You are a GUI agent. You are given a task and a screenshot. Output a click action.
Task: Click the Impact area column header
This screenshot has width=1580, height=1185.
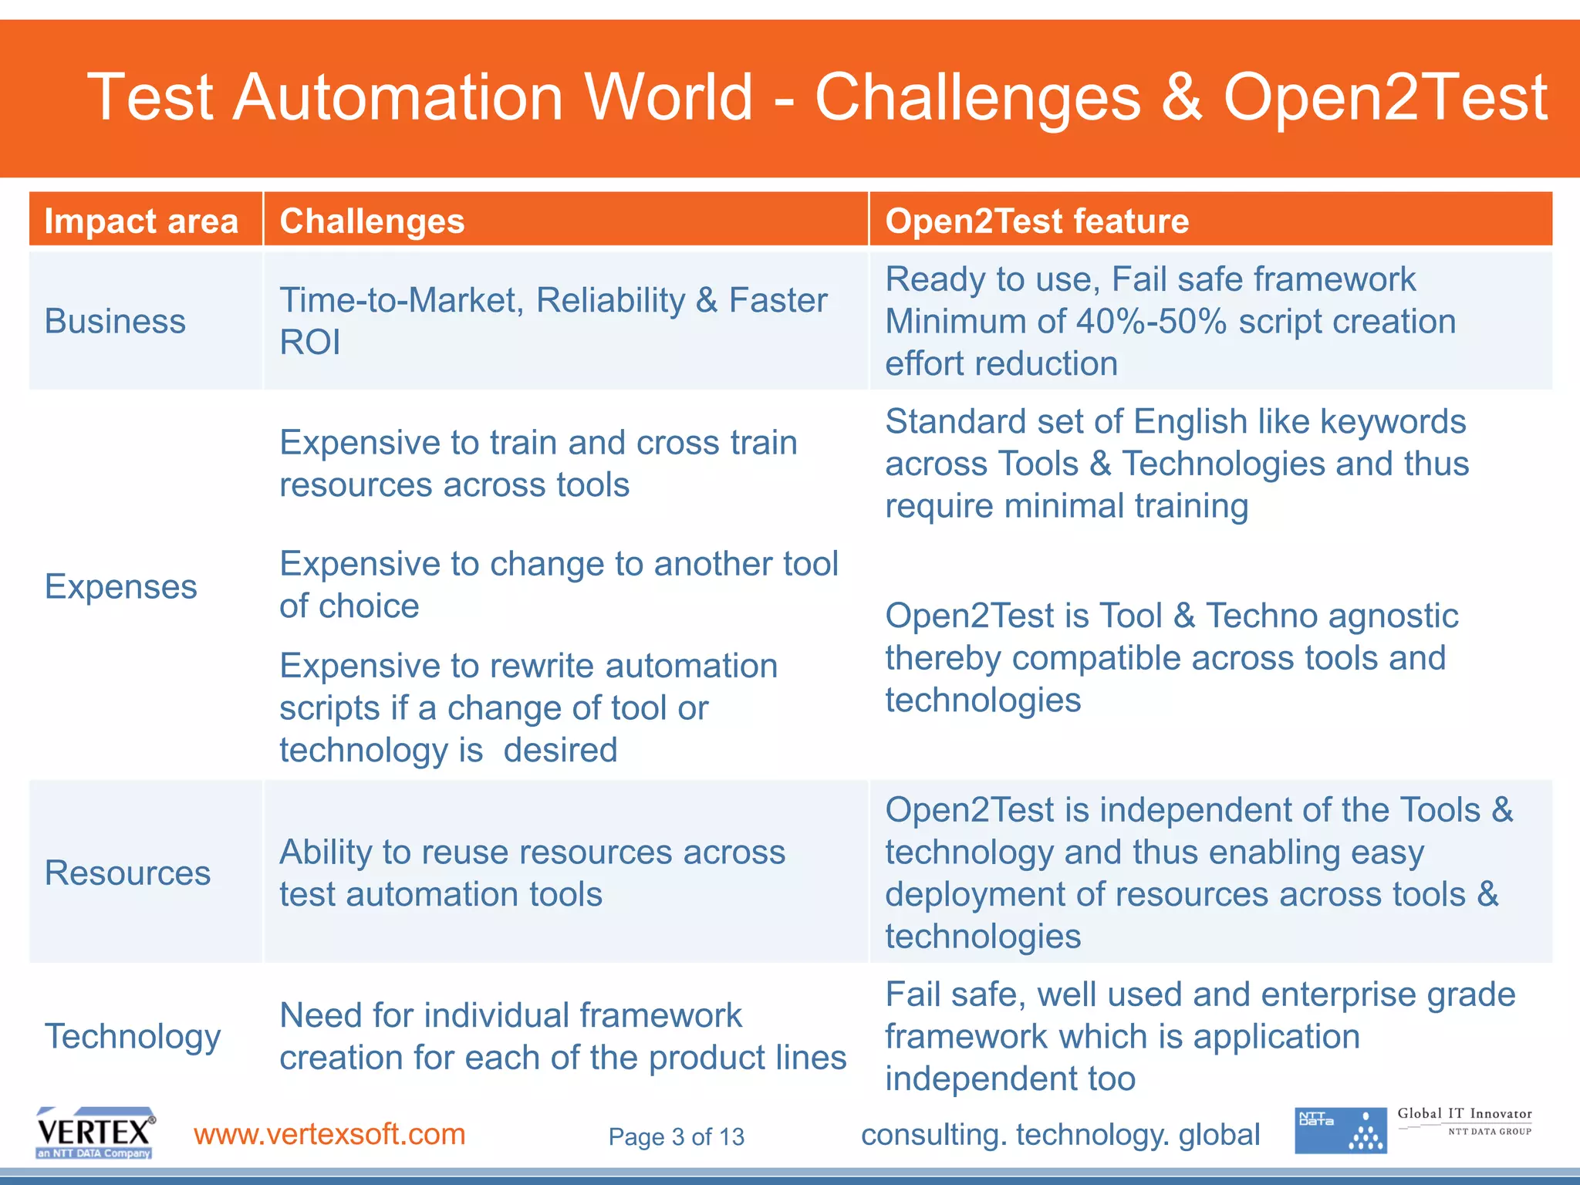(141, 221)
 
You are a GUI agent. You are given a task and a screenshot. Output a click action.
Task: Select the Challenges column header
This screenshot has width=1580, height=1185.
(372, 221)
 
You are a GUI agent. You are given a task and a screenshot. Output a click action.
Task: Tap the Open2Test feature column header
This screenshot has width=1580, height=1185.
(1036, 221)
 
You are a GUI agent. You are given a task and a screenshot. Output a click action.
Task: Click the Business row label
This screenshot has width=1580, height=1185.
(115, 321)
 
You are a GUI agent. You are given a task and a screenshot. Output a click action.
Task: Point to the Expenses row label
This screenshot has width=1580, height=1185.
(120, 587)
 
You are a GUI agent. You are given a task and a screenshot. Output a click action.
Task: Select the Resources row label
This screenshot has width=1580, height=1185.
(127, 873)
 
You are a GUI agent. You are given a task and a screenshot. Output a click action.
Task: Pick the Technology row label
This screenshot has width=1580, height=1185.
(133, 1036)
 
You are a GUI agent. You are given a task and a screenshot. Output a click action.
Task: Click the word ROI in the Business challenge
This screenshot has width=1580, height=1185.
(309, 343)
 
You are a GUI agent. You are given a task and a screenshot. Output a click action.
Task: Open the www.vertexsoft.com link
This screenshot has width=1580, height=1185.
(329, 1134)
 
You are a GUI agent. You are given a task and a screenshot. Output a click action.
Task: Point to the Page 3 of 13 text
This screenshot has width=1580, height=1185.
(676, 1136)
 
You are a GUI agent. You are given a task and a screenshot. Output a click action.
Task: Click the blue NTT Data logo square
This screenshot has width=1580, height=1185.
(1340, 1131)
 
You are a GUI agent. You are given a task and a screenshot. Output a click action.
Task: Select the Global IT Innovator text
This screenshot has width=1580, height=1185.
(1464, 1113)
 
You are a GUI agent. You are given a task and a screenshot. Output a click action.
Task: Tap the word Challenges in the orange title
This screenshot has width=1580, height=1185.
(977, 97)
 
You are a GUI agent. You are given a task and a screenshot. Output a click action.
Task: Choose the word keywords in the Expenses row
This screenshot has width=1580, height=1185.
(1393, 422)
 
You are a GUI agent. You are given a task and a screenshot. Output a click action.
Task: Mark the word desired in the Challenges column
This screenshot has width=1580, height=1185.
(560, 751)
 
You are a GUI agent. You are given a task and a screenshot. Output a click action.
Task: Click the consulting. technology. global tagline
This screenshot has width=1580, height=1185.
(1060, 1135)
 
